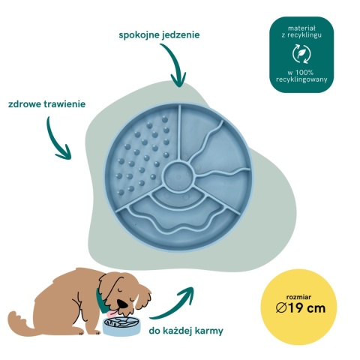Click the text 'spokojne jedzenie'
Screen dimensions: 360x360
(x=159, y=35)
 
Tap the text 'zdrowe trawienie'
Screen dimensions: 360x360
(x=46, y=104)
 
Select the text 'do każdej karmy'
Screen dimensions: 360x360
(x=186, y=331)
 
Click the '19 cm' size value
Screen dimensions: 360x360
(x=306, y=308)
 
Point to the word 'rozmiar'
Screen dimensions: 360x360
(x=298, y=297)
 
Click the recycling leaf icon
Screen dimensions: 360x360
(x=301, y=53)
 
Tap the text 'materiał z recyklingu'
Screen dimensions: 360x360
(x=301, y=31)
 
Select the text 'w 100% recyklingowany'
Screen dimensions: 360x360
(x=301, y=76)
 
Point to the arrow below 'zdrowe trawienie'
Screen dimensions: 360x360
(x=54, y=140)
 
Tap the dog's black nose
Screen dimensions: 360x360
(x=123, y=304)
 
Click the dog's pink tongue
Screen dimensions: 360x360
(x=111, y=313)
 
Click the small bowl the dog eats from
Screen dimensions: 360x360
(x=121, y=325)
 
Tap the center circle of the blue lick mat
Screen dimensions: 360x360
(x=178, y=175)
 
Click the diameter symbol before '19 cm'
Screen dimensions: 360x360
(x=281, y=308)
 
